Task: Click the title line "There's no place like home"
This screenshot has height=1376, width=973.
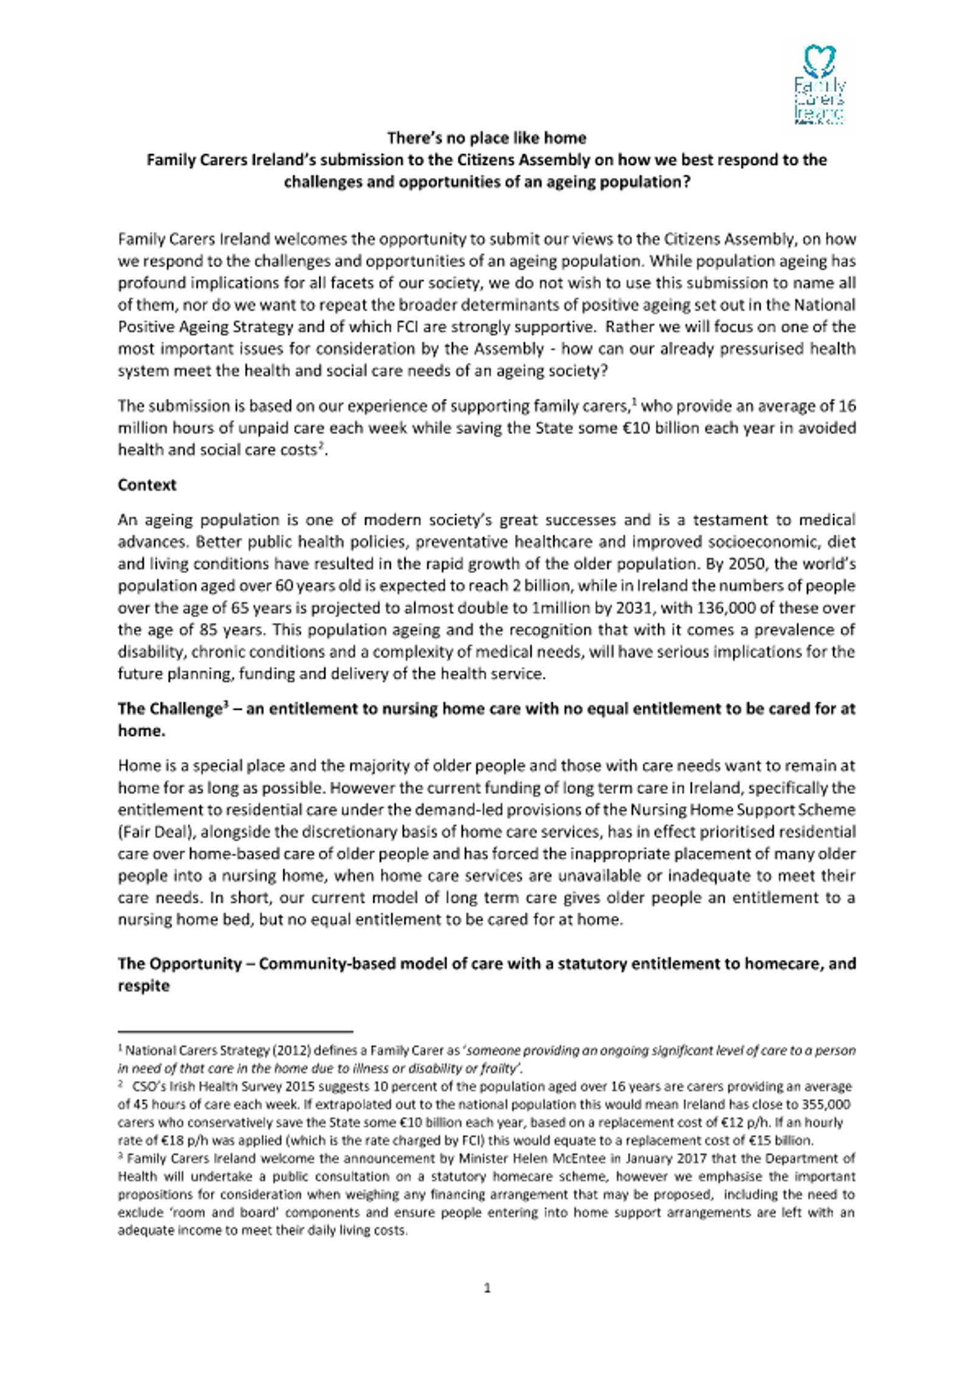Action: click(x=486, y=138)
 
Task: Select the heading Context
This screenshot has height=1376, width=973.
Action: click(x=147, y=485)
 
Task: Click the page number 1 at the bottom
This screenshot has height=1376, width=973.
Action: click(x=486, y=1288)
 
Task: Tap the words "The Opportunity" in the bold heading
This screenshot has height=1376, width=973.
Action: click(x=179, y=964)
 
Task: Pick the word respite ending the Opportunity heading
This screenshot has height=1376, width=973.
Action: click(x=144, y=985)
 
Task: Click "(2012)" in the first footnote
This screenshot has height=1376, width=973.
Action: click(x=293, y=1051)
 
